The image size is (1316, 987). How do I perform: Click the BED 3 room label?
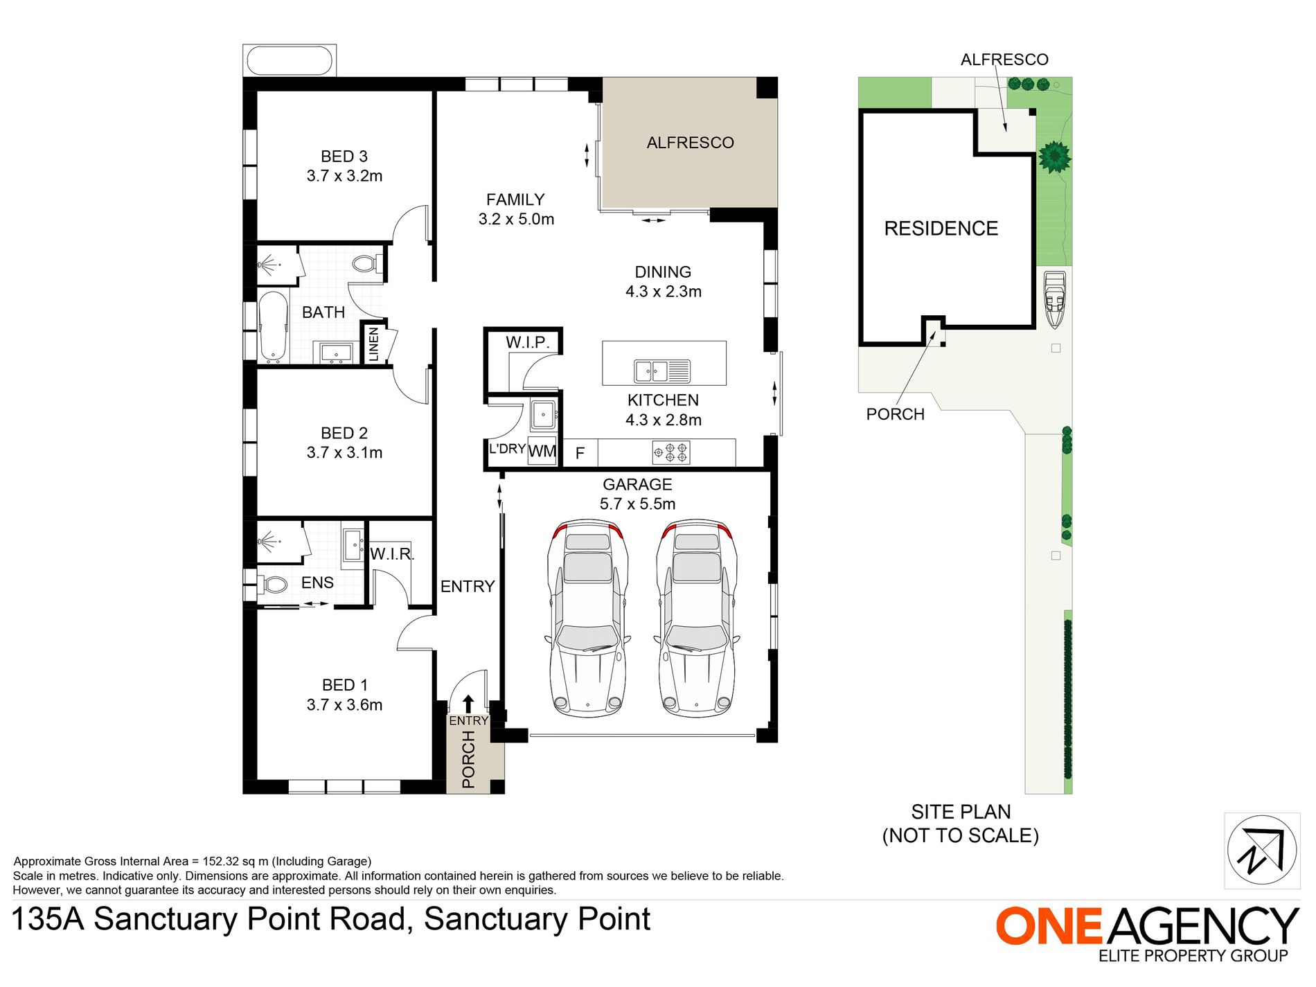[344, 157]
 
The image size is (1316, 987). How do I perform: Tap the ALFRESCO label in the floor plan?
[690, 143]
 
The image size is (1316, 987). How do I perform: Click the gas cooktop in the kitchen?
[670, 453]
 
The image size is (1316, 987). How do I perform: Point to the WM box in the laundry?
[542, 452]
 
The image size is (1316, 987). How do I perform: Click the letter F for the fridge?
[580, 454]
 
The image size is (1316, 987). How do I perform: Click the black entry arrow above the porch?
[468, 704]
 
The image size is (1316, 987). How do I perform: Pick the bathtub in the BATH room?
[273, 326]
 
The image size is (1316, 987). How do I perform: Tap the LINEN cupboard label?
[374, 344]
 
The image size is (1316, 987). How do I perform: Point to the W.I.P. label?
[527, 342]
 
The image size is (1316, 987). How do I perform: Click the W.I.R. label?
[391, 554]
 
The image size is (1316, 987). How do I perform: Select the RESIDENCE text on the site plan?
[941, 229]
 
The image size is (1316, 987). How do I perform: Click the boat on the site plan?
[1054, 299]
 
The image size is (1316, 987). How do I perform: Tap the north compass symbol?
[1261, 851]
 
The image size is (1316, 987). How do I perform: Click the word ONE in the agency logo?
[1049, 926]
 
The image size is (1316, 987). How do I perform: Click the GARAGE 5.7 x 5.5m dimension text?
[637, 504]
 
